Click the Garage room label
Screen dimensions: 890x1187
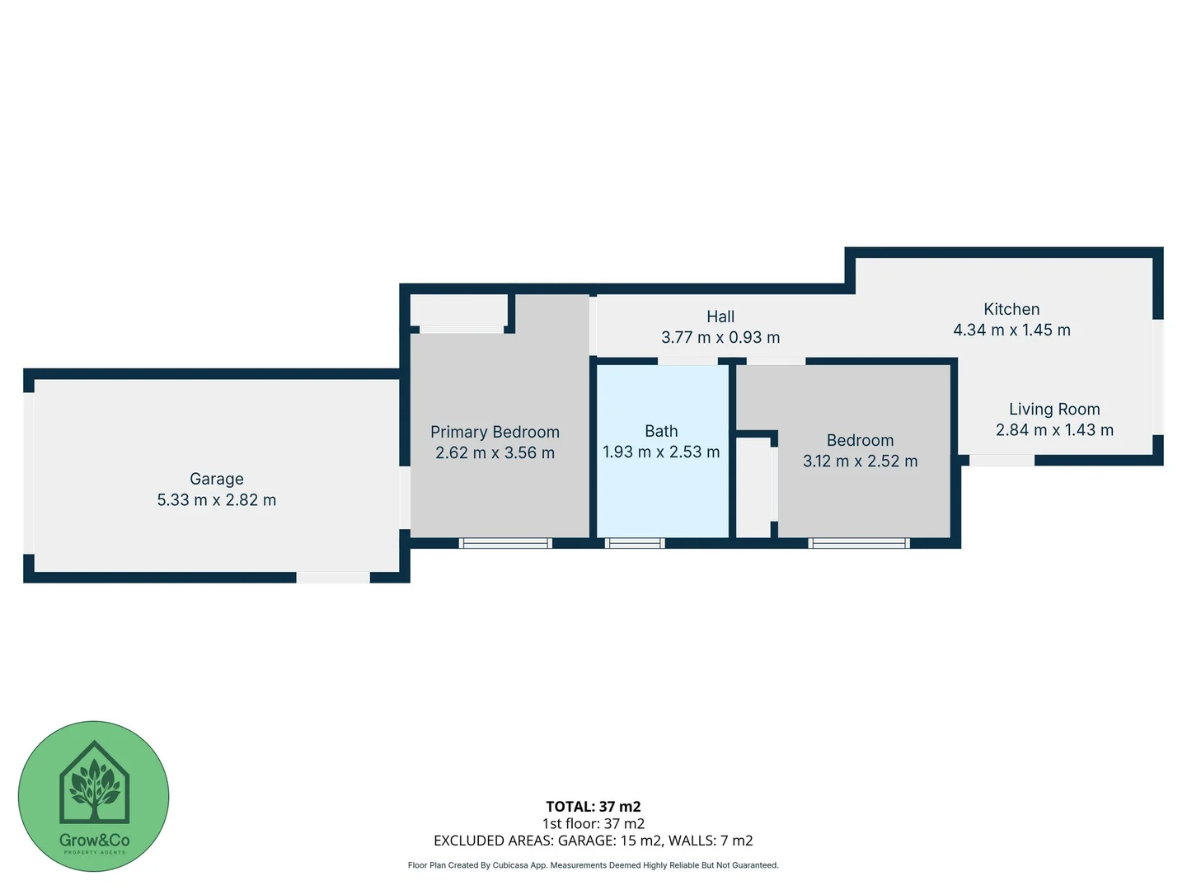tap(217, 479)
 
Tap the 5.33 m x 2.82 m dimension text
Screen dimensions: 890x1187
tap(217, 500)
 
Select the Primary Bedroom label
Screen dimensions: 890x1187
tap(495, 432)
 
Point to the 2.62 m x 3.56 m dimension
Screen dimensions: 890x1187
tap(495, 453)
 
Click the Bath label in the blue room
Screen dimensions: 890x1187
tap(661, 431)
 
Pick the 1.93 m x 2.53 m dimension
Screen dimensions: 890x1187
tap(661, 452)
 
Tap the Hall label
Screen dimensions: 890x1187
tap(720, 316)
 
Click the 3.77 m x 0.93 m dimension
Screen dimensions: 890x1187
tap(720, 338)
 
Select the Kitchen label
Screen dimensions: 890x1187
tap(1011, 309)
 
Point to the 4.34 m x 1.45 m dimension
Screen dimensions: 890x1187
tap(1011, 330)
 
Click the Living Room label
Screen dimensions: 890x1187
tap(1054, 409)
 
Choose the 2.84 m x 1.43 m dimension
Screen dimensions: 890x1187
tap(1054, 430)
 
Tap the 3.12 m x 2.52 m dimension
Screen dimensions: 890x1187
tap(860, 461)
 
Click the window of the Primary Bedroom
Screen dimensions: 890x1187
tap(505, 543)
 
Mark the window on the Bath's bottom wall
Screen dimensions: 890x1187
tap(635, 543)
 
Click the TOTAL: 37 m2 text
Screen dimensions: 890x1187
tap(593, 807)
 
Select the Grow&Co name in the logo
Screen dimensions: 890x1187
tap(94, 841)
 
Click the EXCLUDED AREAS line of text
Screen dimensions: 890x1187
tap(593, 841)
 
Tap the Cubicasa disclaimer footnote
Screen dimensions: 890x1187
tap(593, 865)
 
